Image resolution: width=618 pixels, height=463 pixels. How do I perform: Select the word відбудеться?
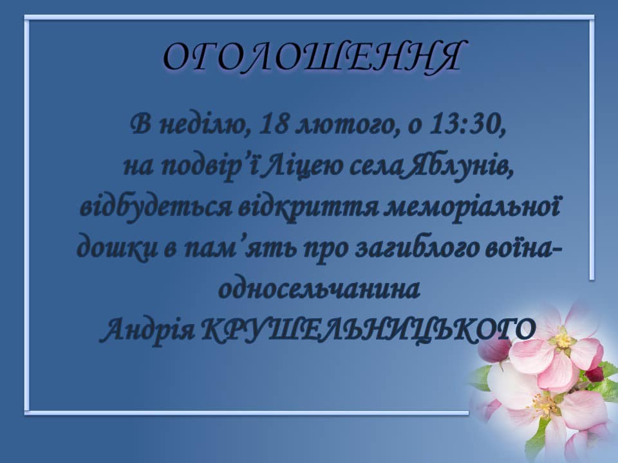pos(156,208)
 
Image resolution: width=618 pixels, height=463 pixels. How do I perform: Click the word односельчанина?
pos(319,290)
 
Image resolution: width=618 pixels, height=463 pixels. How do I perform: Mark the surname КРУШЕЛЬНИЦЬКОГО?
pos(369,330)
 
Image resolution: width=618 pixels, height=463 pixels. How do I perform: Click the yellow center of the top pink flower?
pos(563,340)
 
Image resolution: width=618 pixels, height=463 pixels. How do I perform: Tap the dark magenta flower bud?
pos(495,350)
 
